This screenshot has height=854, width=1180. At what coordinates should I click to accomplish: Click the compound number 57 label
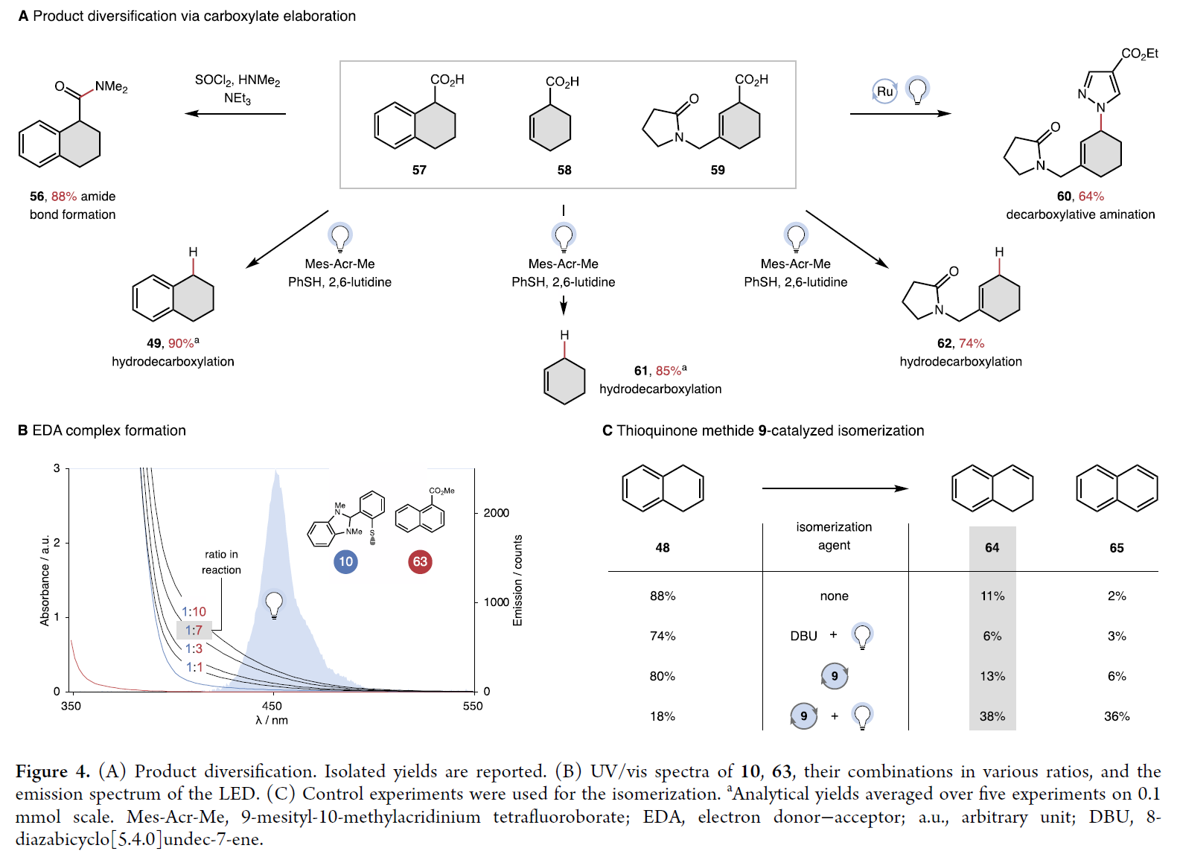[x=419, y=171]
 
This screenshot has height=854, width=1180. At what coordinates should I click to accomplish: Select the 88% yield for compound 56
[x=64, y=197]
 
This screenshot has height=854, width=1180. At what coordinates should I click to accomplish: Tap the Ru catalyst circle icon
[x=884, y=92]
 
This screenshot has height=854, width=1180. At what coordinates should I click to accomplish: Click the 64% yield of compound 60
[x=1091, y=197]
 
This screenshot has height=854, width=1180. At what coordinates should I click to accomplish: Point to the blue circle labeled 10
[x=345, y=562]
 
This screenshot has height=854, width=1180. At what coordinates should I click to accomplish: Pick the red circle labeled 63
[x=420, y=562]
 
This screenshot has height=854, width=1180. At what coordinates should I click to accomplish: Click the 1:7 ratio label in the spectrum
[x=194, y=631]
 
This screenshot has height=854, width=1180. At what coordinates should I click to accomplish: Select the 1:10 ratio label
[x=194, y=612]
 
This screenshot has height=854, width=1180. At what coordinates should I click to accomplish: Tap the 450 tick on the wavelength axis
[x=272, y=707]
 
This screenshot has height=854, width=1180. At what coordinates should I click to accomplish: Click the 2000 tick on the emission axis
[x=496, y=513]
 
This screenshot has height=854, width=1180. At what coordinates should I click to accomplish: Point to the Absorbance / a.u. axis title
[x=45, y=581]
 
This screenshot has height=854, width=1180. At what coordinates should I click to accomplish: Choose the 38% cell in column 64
[x=992, y=716]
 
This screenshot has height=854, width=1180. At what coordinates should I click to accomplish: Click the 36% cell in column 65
[x=1116, y=716]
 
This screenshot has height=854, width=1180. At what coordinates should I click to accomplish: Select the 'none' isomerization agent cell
[x=834, y=596]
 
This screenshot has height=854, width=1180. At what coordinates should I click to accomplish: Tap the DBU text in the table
[x=803, y=637]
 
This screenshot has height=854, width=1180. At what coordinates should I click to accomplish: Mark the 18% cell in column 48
[x=662, y=716]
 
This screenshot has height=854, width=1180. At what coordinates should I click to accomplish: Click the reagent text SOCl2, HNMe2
[x=237, y=80]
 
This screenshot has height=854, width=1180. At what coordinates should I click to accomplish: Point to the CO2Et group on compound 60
[x=1139, y=54]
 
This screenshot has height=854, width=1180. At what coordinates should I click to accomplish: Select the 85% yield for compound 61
[x=669, y=371]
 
